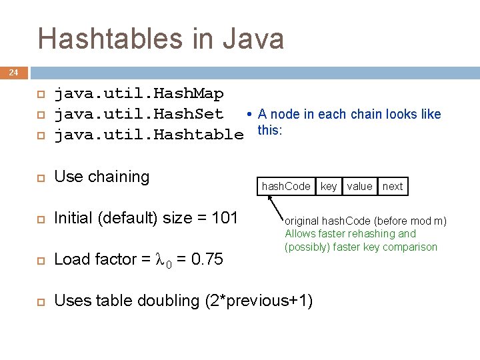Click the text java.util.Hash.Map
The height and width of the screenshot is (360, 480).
pos(139,93)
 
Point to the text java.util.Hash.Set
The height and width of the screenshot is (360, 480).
pos(139,114)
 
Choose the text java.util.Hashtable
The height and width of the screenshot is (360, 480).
pos(149,135)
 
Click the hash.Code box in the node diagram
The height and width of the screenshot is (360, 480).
pos(286,186)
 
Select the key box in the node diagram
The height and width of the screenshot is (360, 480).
pos(329,186)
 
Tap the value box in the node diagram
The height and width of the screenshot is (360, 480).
pos(359,186)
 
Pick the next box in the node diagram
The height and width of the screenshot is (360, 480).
pos(393,186)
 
